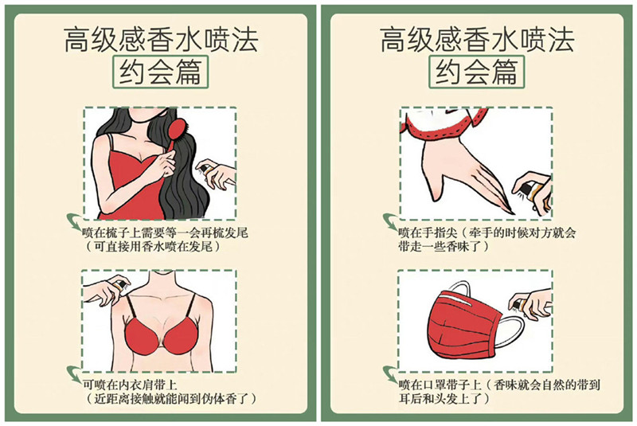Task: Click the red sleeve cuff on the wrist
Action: pos(442,123)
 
